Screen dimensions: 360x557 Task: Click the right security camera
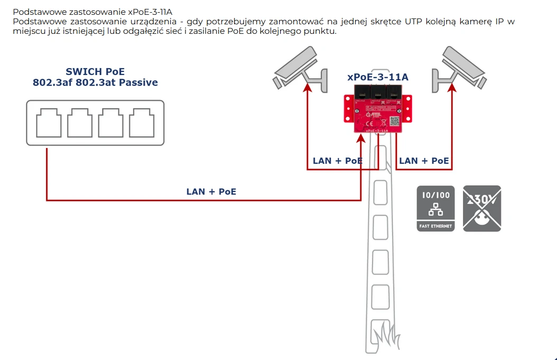point(460,68)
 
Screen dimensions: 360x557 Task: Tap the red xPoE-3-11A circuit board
point(377,112)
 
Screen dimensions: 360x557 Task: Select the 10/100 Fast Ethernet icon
point(435,208)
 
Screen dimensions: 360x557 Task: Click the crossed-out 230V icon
point(482,208)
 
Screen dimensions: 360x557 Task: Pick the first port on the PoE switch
point(49,123)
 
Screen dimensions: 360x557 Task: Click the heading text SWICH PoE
point(95,72)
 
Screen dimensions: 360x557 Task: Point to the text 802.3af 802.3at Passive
point(95,82)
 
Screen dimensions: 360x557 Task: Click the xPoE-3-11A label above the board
point(377,77)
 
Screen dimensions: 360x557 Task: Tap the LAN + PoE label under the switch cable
point(211,191)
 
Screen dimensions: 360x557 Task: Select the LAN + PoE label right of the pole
point(424,161)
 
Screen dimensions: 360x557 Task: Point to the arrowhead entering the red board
point(361,139)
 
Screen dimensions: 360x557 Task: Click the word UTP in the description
point(415,22)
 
